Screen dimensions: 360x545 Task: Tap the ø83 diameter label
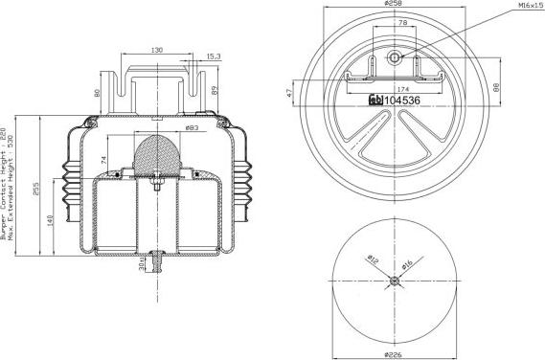point(191,128)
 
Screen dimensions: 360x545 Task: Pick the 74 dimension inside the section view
point(102,158)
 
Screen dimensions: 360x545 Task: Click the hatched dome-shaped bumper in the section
point(158,155)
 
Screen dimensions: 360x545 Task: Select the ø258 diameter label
point(394,5)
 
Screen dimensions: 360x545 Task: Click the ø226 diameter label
point(394,354)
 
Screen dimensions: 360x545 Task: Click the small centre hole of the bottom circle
point(394,281)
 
